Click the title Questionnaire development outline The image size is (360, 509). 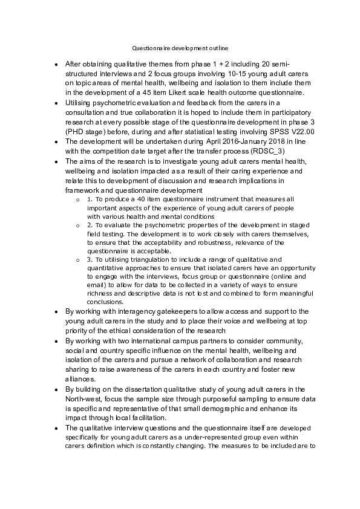[180, 48]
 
